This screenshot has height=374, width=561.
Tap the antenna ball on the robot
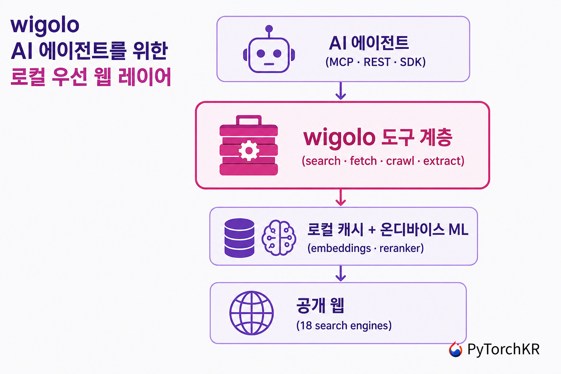click(x=269, y=28)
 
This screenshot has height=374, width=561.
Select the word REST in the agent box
click(x=377, y=62)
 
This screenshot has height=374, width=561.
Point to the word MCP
click(x=341, y=62)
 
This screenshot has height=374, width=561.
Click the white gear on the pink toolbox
click(x=249, y=150)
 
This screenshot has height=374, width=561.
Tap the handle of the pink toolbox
click(x=249, y=120)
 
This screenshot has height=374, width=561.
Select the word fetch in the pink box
click(x=363, y=161)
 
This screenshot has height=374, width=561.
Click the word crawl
click(x=400, y=161)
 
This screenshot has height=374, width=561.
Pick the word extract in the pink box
click(x=441, y=161)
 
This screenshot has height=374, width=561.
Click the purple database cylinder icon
click(x=240, y=238)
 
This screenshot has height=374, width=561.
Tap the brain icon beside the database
click(x=279, y=238)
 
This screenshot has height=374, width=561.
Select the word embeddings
click(x=341, y=249)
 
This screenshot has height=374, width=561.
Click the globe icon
click(x=251, y=313)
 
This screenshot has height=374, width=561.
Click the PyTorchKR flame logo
click(x=455, y=349)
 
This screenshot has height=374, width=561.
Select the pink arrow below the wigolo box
click(x=341, y=197)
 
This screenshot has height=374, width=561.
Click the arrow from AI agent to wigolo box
click(x=341, y=91)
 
